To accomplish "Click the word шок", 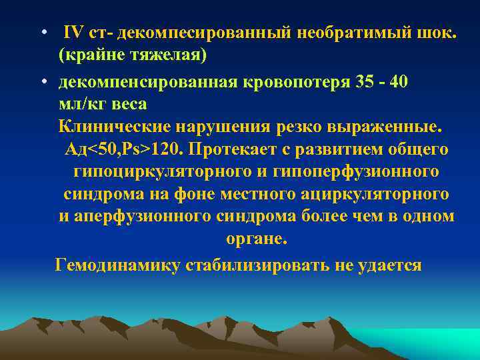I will click(x=439, y=33).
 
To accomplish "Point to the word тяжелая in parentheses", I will click(x=167, y=56).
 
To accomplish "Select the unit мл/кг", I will click(x=83, y=104).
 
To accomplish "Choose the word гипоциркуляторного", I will click(x=155, y=172).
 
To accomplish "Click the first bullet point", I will click(x=43, y=33).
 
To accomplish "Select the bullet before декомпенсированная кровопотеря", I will click(x=43, y=81).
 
